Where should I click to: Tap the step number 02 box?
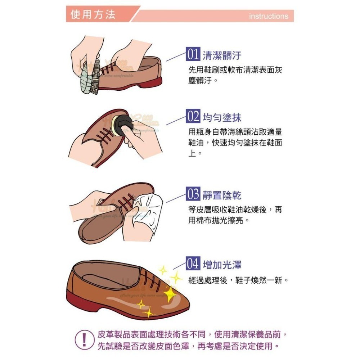[193, 117]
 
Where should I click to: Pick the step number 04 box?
[193, 265]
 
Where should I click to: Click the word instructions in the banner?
[268, 16]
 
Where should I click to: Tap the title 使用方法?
[93, 15]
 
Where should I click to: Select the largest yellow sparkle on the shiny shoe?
[170, 294]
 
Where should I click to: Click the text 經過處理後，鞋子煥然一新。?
[239, 280]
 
